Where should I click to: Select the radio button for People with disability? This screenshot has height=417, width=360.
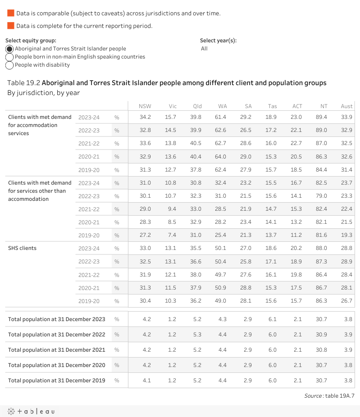tap(9, 65)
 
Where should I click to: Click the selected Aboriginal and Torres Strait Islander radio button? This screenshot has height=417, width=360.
tap(9, 49)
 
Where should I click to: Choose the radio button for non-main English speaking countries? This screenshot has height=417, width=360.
tap(9, 57)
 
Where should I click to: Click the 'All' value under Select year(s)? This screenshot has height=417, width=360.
tap(205, 49)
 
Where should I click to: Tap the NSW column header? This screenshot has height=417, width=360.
tap(145, 106)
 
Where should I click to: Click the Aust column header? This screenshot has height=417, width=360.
tap(346, 106)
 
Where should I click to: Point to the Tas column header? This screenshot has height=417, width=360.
tap(272, 106)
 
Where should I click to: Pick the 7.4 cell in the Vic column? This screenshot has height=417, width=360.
tap(172, 235)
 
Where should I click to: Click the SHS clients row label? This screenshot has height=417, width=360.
tap(22, 248)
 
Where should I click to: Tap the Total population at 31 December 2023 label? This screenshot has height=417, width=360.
tap(56, 319)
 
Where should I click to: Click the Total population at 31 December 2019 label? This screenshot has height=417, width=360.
tap(56, 381)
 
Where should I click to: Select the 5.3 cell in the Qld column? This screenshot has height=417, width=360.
tap(197, 335)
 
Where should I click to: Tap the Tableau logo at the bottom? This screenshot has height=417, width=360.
tap(31, 411)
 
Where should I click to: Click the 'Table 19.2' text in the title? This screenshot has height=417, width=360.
tap(23, 83)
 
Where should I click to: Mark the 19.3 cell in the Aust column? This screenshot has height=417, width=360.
tap(346, 235)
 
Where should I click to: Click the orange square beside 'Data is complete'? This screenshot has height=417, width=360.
tap(11, 26)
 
